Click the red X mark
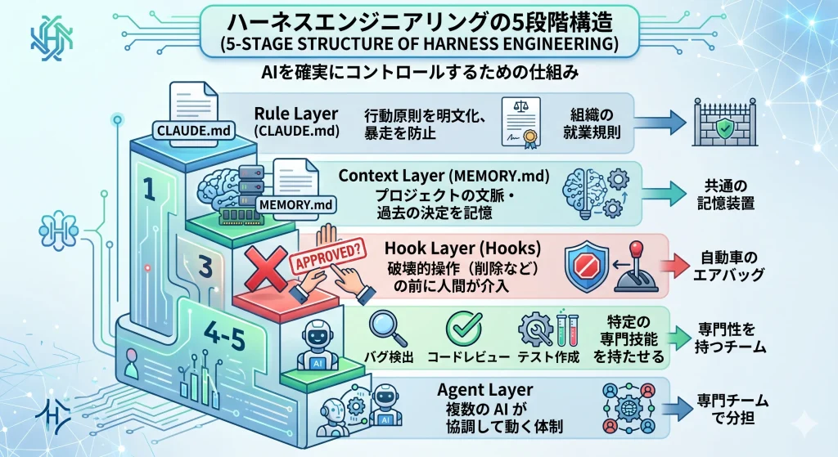point(264,267)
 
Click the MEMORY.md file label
point(293,204)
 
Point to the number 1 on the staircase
point(149,190)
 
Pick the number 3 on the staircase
point(206,266)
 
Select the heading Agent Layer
point(485,390)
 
